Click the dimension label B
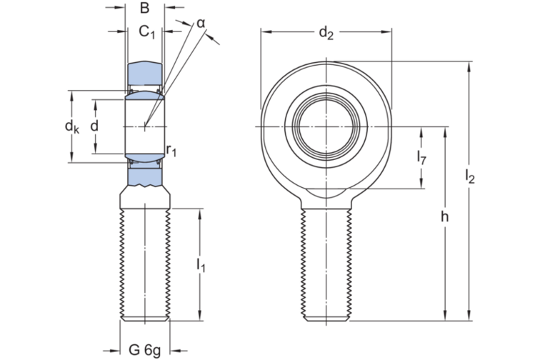pyautogui.click(x=144, y=9)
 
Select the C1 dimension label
pyautogui.click(x=146, y=31)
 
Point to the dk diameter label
pyautogui.click(x=71, y=127)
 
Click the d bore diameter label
pyautogui.click(x=94, y=126)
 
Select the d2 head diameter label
pyautogui.click(x=326, y=32)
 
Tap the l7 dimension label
pyautogui.click(x=421, y=159)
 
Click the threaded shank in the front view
pyautogui.click(x=326, y=264)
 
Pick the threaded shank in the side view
pyautogui.click(x=145, y=264)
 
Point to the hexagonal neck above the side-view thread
pyautogui.click(x=145, y=196)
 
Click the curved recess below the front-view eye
pyautogui.click(x=326, y=194)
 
